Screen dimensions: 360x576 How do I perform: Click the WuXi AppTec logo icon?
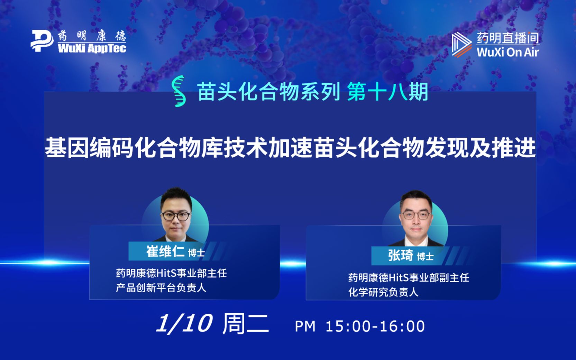pyautogui.click(x=42, y=41)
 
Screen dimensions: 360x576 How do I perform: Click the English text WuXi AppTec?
pyautogui.click(x=92, y=48)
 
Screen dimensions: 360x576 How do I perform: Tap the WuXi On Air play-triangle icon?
pyautogui.click(x=461, y=44)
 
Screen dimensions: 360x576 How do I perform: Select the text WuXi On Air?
pyautogui.click(x=508, y=52)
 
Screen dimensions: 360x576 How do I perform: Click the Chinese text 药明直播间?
pyautogui.click(x=508, y=38)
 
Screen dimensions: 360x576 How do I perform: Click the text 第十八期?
pyautogui.click(x=387, y=92)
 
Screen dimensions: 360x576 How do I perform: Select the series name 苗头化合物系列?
pyautogui.click(x=268, y=92)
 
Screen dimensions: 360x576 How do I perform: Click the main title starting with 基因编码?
pyautogui.click(x=290, y=148)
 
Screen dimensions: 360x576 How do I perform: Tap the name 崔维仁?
pyautogui.click(x=165, y=251)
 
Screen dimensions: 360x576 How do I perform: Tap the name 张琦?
pyautogui.click(x=400, y=256)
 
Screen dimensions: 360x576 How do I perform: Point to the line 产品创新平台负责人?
pyautogui.click(x=161, y=288)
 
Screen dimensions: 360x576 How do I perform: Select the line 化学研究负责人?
pyautogui.click(x=383, y=292)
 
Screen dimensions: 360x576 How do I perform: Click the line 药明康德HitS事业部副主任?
pyautogui.click(x=409, y=278)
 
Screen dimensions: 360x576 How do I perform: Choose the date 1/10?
pyautogui.click(x=184, y=324)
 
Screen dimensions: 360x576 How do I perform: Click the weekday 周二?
pyautogui.click(x=245, y=324)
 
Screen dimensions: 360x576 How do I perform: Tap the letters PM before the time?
pyautogui.click(x=305, y=326)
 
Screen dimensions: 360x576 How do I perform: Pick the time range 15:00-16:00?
pyautogui.click(x=375, y=326)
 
